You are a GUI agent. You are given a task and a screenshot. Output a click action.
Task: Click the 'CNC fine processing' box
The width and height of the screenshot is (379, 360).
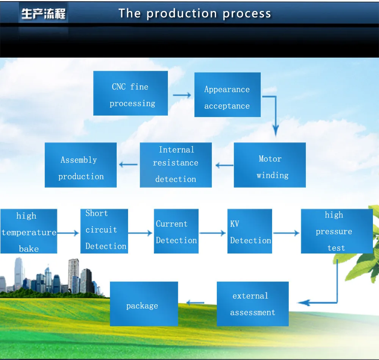pyautogui.click(x=130, y=93)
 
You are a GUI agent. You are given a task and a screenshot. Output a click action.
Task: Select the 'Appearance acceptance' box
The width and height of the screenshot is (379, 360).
pyautogui.click(x=227, y=95)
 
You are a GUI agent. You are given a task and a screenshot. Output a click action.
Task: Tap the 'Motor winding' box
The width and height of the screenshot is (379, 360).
pyautogui.click(x=269, y=165)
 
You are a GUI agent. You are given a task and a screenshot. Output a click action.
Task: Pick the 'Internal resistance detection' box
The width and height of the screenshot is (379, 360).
pyautogui.click(x=175, y=165)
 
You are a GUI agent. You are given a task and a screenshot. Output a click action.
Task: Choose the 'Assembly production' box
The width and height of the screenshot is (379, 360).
pyautogui.click(x=80, y=165)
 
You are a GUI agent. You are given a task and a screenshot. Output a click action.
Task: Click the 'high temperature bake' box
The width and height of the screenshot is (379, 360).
pyautogui.click(x=28, y=231)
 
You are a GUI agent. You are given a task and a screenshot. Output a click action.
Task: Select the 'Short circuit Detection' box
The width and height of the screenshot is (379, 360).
pyautogui.click(x=104, y=231)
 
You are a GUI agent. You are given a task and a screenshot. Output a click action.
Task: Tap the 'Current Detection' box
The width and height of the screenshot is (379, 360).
pyautogui.click(x=176, y=231)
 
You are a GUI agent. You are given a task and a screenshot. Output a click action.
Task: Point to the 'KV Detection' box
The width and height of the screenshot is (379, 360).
pyautogui.click(x=250, y=231)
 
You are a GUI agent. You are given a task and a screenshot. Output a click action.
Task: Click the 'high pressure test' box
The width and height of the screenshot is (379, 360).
pyautogui.click(x=337, y=231)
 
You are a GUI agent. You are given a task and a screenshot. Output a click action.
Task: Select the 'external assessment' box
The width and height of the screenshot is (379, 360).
pyautogui.click(x=252, y=304)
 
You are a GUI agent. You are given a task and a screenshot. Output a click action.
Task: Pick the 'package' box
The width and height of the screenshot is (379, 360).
pyautogui.click(x=144, y=304)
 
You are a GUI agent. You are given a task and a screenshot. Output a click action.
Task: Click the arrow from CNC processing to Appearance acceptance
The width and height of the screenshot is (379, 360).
pyautogui.click(x=182, y=95)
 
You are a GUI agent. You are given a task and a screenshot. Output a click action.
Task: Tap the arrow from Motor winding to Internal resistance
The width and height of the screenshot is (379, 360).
pyautogui.click(x=224, y=165)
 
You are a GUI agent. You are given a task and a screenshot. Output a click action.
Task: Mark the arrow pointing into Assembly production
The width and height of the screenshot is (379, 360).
pyautogui.click(x=128, y=164)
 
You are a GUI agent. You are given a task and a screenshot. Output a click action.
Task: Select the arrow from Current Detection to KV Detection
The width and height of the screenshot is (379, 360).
pyautogui.click(x=213, y=233)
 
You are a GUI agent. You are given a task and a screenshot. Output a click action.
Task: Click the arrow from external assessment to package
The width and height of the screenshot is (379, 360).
pyautogui.click(x=196, y=303)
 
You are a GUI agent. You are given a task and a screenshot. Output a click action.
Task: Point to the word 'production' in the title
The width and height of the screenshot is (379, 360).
pyautogui.click(x=182, y=14)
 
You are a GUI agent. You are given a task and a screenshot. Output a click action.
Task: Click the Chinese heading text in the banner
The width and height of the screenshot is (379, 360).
pyautogui.click(x=43, y=14)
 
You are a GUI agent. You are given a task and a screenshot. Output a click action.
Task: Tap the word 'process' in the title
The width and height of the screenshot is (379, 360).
pyautogui.click(x=247, y=14)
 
